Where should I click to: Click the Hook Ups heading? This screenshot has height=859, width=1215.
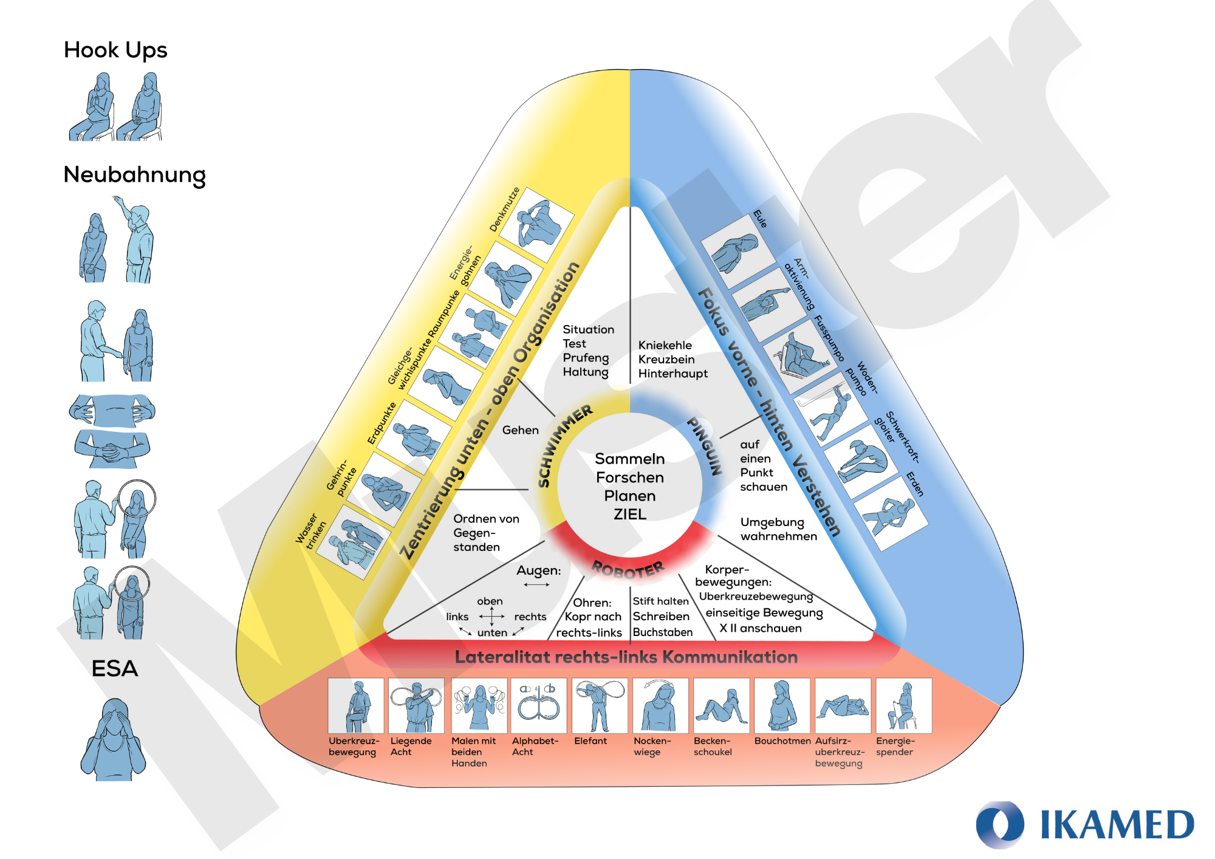[x=115, y=50]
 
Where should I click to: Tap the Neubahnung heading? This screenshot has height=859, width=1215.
[x=134, y=175]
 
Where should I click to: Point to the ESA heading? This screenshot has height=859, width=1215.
[x=115, y=669]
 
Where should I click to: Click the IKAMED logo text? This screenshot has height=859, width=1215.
[x=1117, y=825]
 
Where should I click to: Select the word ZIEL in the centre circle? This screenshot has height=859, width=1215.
[x=630, y=515]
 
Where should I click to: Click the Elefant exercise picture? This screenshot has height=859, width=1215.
[x=599, y=706]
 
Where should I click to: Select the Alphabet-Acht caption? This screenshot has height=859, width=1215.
[x=535, y=747]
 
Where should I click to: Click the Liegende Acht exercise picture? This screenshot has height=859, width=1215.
[x=416, y=706]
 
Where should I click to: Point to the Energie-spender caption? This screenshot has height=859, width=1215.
[x=895, y=747]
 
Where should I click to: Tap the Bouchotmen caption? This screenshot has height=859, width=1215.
[x=782, y=741]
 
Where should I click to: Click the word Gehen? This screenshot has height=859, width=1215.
[x=521, y=430]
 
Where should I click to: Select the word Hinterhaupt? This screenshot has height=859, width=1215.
[x=673, y=374]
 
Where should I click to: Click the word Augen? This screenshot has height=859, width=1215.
[x=539, y=570]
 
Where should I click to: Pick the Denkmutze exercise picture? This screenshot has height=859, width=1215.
[x=538, y=225]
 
